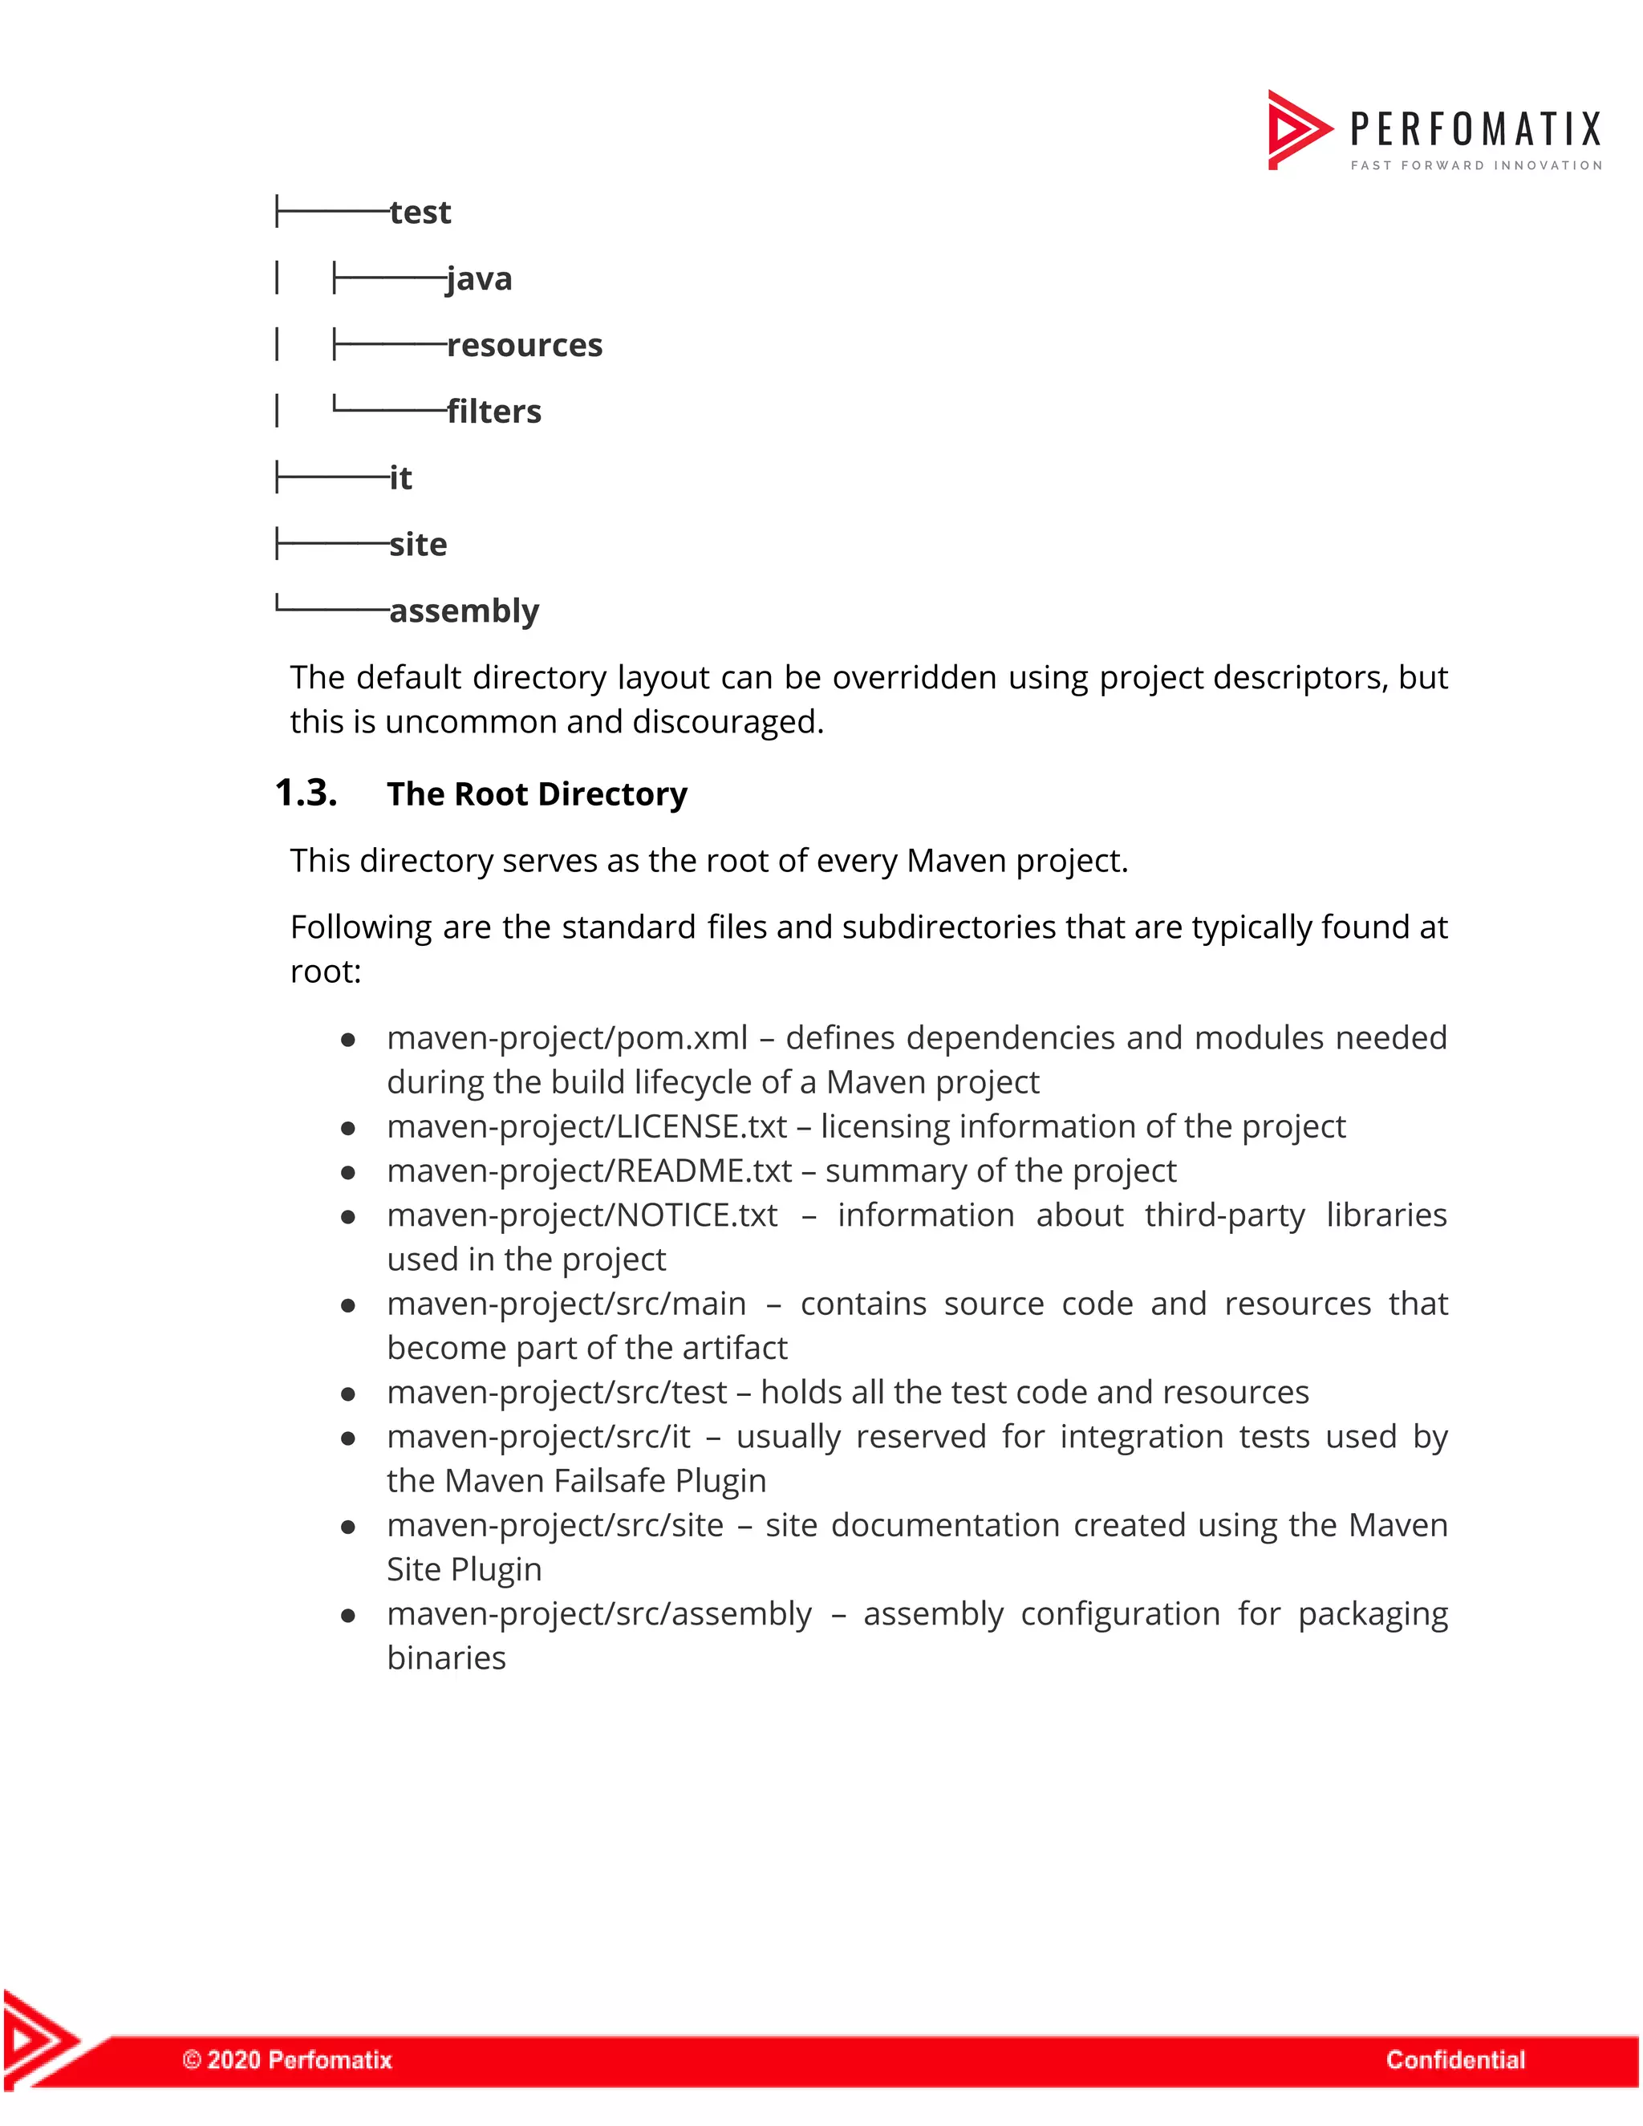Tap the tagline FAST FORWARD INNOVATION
pyautogui.click(x=1475, y=165)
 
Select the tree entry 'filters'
pyautogui.click(x=493, y=412)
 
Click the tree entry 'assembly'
pyautogui.click(x=464, y=611)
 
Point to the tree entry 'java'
pyautogui.click(x=479, y=279)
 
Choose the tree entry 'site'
pyautogui.click(x=417, y=545)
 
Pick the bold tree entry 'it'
pyautogui.click(x=400, y=479)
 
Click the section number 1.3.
pyautogui.click(x=306, y=793)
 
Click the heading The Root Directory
pyautogui.click(x=537, y=794)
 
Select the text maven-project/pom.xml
pyautogui.click(x=567, y=1039)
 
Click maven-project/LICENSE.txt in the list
pyautogui.click(x=587, y=1127)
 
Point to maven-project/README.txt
pyautogui.click(x=589, y=1171)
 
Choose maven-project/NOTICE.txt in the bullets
pyautogui.click(x=582, y=1215)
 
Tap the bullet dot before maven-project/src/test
pyautogui.click(x=347, y=1394)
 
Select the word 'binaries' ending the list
pyautogui.click(x=446, y=1659)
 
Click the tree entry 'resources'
pyautogui.click(x=525, y=346)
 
